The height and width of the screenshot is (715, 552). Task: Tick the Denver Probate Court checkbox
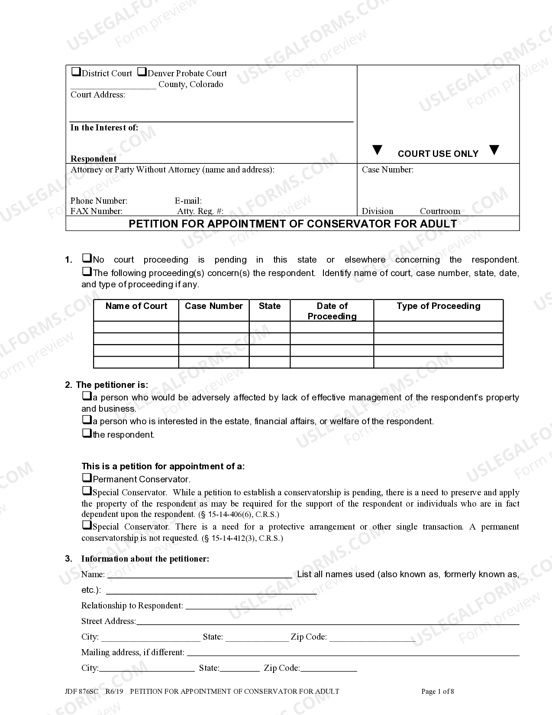(x=142, y=72)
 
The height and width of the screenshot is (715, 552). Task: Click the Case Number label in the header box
(x=387, y=170)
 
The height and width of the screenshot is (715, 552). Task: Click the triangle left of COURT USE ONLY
(x=378, y=150)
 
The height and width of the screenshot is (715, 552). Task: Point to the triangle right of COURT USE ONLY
(x=494, y=150)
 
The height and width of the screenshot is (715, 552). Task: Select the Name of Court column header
(x=136, y=306)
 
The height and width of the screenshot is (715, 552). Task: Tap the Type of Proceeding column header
(x=438, y=306)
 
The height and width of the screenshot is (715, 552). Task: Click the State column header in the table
(x=269, y=306)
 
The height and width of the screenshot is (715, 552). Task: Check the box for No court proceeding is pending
(x=87, y=259)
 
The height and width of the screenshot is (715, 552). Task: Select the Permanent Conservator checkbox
(x=87, y=478)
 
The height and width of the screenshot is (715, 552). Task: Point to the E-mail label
(x=188, y=201)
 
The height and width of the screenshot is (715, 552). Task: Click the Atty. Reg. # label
(x=200, y=211)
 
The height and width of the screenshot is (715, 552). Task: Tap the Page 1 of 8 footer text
(x=437, y=692)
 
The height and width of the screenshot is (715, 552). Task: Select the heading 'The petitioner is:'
(x=112, y=385)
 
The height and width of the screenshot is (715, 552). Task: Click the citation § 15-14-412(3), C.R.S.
(x=242, y=539)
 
